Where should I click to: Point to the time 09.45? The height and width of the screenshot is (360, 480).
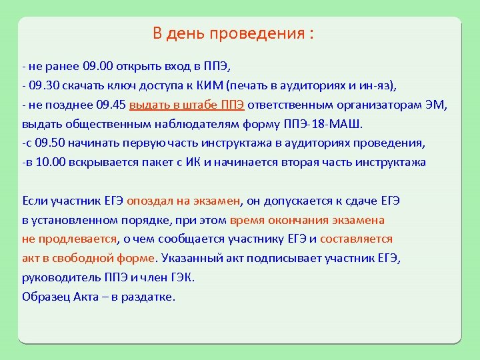[111, 105]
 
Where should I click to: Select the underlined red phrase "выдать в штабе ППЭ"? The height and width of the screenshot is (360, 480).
[187, 105]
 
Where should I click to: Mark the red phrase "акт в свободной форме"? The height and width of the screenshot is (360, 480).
[88, 258]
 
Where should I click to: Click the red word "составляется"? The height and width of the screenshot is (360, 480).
[356, 239]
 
